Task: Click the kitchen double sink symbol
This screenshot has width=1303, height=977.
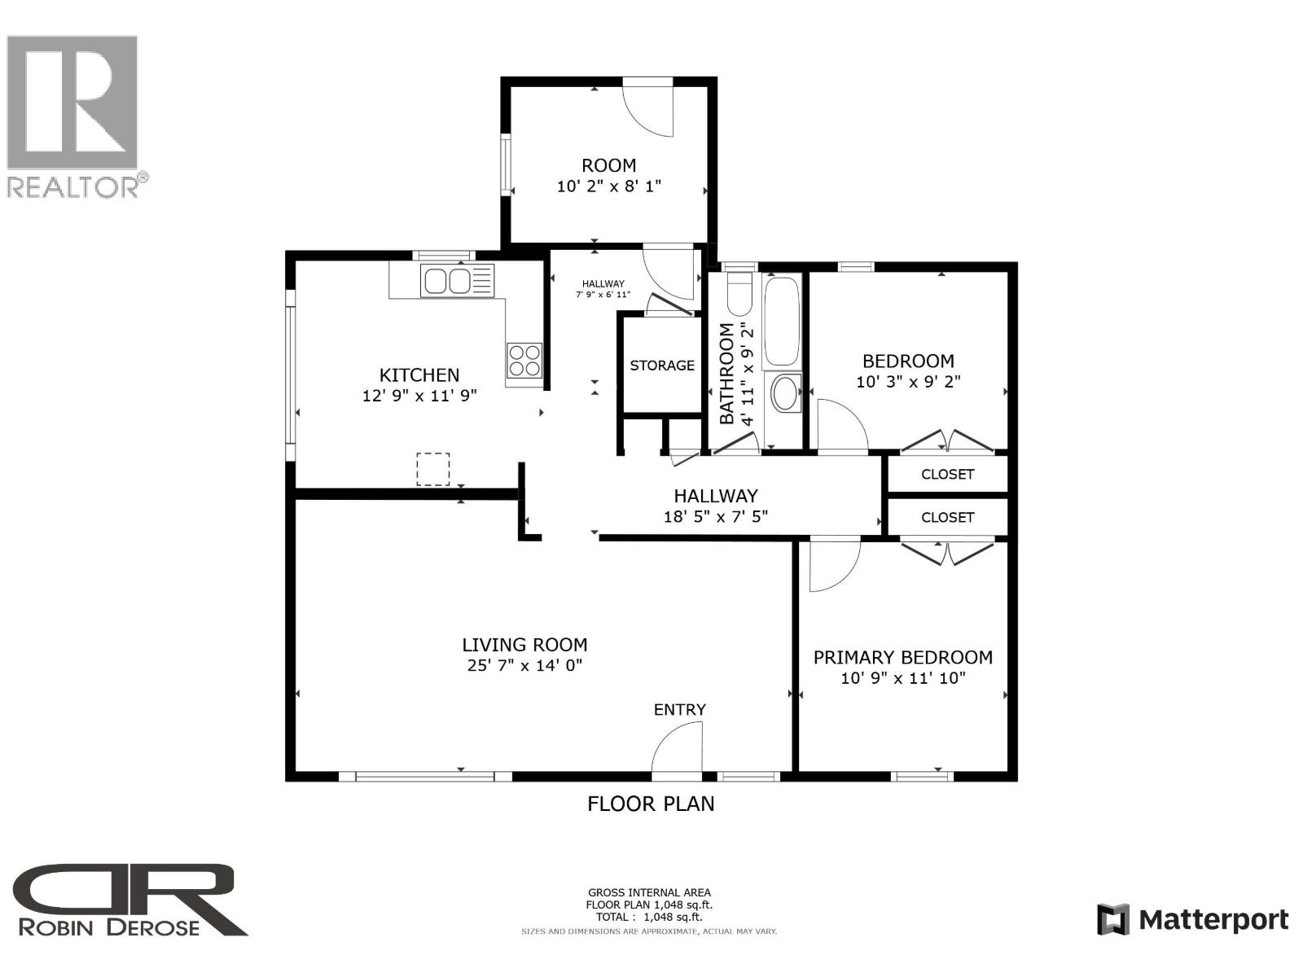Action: click(446, 282)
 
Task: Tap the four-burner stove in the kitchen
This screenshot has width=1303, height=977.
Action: click(524, 360)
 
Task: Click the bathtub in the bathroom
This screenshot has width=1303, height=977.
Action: click(782, 322)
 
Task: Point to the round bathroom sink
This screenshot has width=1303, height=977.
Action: click(785, 394)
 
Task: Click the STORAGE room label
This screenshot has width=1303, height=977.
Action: click(662, 366)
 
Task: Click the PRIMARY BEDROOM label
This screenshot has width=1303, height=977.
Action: click(902, 657)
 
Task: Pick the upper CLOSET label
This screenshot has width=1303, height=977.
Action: click(947, 474)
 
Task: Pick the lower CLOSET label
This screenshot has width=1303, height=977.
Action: click(947, 517)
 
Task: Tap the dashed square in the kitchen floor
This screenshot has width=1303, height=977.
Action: click(433, 470)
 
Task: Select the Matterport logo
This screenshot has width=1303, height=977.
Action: click(1193, 920)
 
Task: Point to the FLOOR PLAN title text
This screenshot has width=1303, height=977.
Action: click(651, 804)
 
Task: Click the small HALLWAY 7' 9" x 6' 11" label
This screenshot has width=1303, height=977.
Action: click(603, 289)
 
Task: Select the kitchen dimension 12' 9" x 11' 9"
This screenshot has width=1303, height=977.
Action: click(419, 396)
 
